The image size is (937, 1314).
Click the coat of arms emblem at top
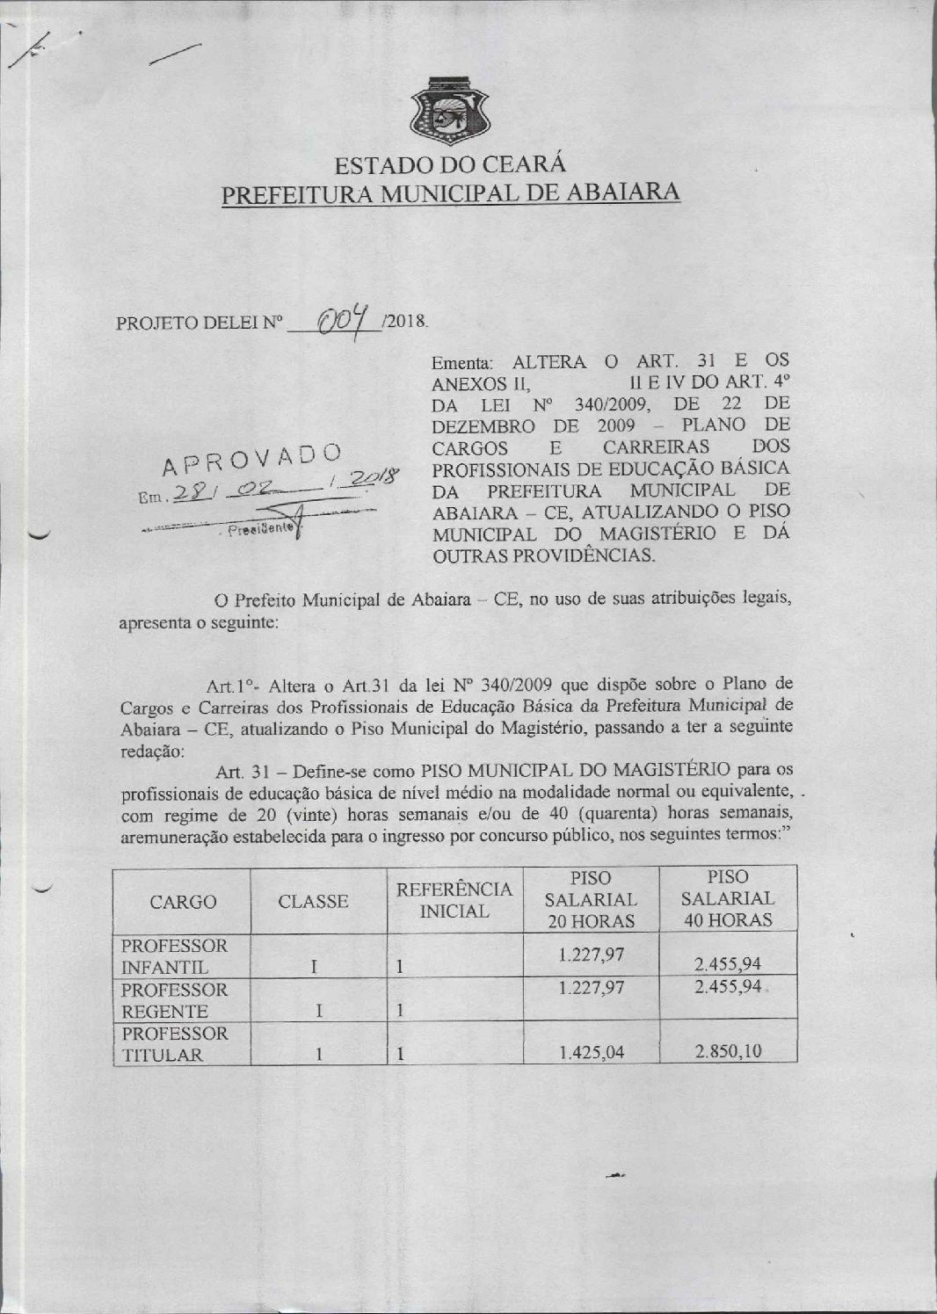tap(449, 111)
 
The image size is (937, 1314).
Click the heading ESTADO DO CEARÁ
tap(449, 165)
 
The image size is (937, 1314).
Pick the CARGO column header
tap(183, 901)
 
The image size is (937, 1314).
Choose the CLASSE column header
tap(314, 901)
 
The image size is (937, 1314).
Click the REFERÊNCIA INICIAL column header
tap(454, 900)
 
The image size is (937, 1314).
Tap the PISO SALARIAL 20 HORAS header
tap(591, 899)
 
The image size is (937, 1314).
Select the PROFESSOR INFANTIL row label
tap(175, 956)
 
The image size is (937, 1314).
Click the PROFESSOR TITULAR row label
tap(175, 1044)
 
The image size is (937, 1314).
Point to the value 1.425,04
tap(592, 1051)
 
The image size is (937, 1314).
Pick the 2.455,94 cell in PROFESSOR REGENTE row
tap(727, 987)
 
